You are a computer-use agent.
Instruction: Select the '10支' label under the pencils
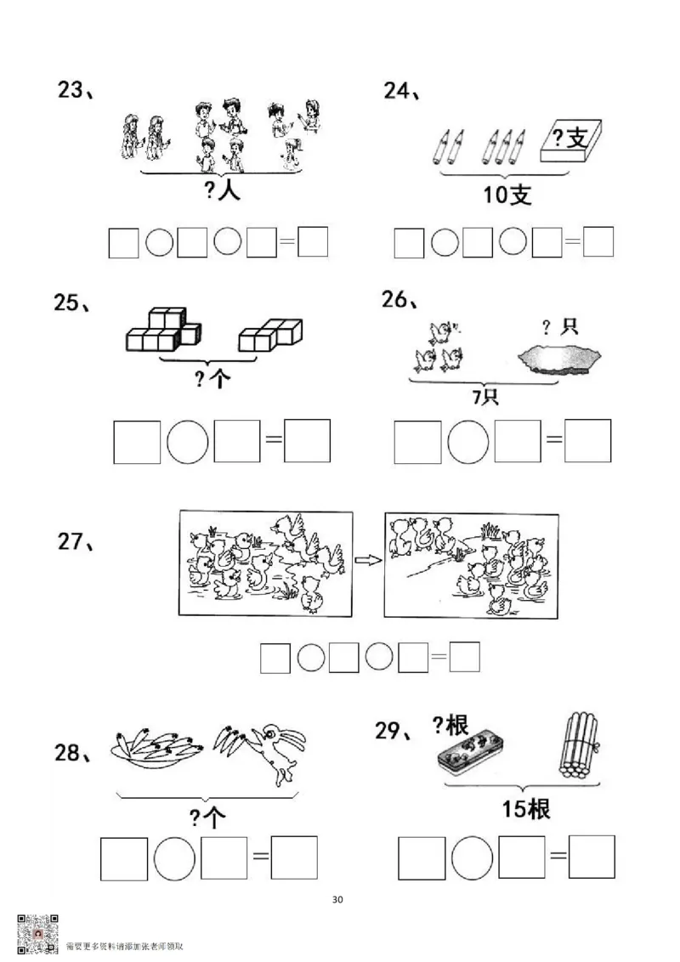click(507, 195)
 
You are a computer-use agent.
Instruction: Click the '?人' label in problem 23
click(223, 191)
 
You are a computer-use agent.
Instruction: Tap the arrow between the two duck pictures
click(367, 560)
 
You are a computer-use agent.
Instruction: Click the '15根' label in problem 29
click(525, 809)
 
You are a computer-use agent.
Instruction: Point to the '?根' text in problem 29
click(450, 725)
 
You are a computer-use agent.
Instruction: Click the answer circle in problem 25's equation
click(187, 441)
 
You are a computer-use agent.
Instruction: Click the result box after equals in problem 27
click(465, 657)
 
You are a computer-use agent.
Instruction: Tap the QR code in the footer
click(37, 935)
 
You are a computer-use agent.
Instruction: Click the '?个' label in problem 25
click(212, 379)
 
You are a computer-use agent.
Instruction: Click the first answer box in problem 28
click(124, 857)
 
